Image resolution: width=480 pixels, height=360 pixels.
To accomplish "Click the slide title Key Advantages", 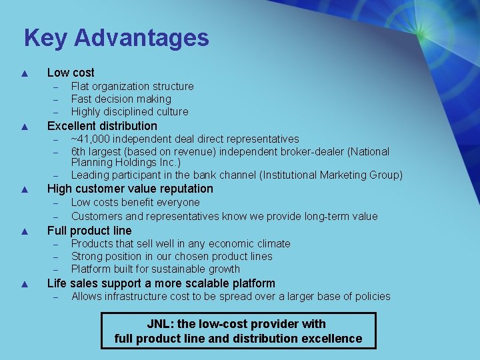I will tap(116, 37).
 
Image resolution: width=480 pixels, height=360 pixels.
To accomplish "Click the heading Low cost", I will tap(71, 73).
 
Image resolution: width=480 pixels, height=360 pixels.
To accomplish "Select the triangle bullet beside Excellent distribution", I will tap(24, 126).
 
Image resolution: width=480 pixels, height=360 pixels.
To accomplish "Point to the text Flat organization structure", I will tap(132, 86).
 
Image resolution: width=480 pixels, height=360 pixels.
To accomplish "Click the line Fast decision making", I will tap(121, 99).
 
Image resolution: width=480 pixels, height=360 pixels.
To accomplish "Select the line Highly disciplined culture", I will tap(129, 111).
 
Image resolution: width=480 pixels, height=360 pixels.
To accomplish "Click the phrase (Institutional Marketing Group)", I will tap(331, 175).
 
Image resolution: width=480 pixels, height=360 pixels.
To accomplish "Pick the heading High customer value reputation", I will tap(130, 189).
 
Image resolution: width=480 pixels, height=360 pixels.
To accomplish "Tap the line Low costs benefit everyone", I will tap(135, 202).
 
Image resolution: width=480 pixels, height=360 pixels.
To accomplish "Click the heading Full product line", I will tap(89, 231).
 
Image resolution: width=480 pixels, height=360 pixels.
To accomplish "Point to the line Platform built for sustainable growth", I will tap(155, 269).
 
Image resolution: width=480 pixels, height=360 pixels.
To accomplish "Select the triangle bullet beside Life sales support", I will tap(24, 284).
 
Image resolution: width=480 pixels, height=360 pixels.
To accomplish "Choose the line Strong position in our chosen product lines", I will tap(171, 256).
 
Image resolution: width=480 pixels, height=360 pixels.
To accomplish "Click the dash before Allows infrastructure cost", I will tap(57, 297).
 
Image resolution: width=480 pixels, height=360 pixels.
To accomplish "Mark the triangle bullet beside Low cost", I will tap(24, 73).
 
